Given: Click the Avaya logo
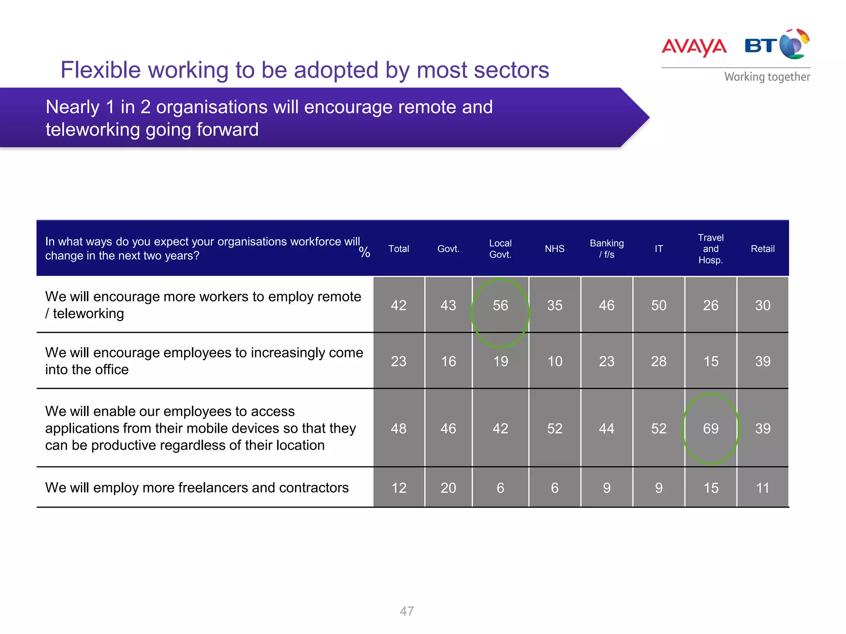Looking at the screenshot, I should [x=694, y=47].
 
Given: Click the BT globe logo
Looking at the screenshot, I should [x=794, y=44].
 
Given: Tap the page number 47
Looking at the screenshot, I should [x=407, y=611].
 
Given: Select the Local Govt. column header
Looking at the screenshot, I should [x=500, y=249].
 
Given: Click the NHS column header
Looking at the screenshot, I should [x=554, y=249].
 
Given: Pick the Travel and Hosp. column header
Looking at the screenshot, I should [x=711, y=249].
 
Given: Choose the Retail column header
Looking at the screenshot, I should [x=763, y=249].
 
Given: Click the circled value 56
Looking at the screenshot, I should [x=500, y=305].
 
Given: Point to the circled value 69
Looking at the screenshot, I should [x=711, y=428].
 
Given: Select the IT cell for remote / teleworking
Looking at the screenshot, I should [x=658, y=305].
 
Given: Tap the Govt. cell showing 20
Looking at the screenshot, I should [x=448, y=488].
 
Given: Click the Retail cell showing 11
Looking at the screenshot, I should [x=763, y=488].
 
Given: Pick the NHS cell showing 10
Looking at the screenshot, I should [x=554, y=362].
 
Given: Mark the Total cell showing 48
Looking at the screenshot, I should [x=399, y=428].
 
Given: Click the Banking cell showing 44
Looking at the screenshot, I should [x=606, y=428].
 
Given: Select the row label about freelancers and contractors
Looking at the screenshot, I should [x=197, y=488].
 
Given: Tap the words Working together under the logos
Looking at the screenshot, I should [x=767, y=77].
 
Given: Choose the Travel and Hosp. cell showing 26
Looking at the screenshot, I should [x=711, y=305].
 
